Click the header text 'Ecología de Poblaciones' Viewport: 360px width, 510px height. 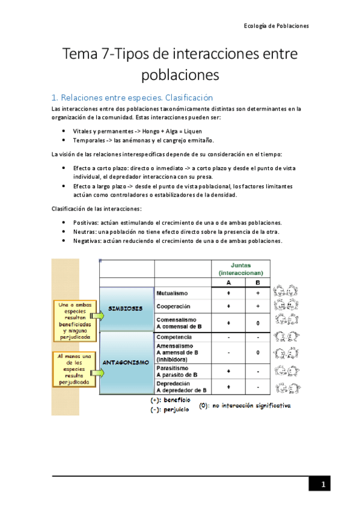(x=276, y=26)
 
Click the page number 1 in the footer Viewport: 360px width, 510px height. (x=322, y=485)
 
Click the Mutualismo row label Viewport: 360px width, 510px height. (x=172, y=293)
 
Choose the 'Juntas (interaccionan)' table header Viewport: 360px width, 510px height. (x=240, y=268)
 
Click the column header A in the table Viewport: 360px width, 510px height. (x=228, y=282)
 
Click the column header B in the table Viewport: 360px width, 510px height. (x=257, y=282)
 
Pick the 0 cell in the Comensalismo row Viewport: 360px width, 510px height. (x=257, y=323)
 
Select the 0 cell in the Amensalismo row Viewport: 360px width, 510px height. (x=257, y=353)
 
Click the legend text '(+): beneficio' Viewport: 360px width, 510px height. (x=171, y=398)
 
